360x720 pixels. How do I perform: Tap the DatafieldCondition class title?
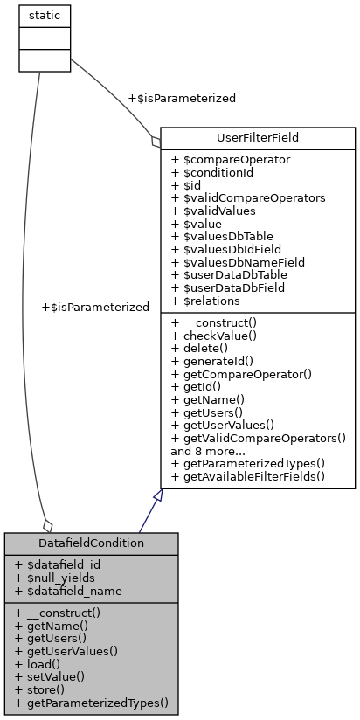pos(91,543)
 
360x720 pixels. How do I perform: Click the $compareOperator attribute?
pos(230,159)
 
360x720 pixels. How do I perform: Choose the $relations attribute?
pos(214,300)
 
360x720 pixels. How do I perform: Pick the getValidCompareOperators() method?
pos(258,438)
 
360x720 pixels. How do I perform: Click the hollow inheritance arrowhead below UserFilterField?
pos(157,495)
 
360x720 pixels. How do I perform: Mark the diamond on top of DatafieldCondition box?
pos(47,526)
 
